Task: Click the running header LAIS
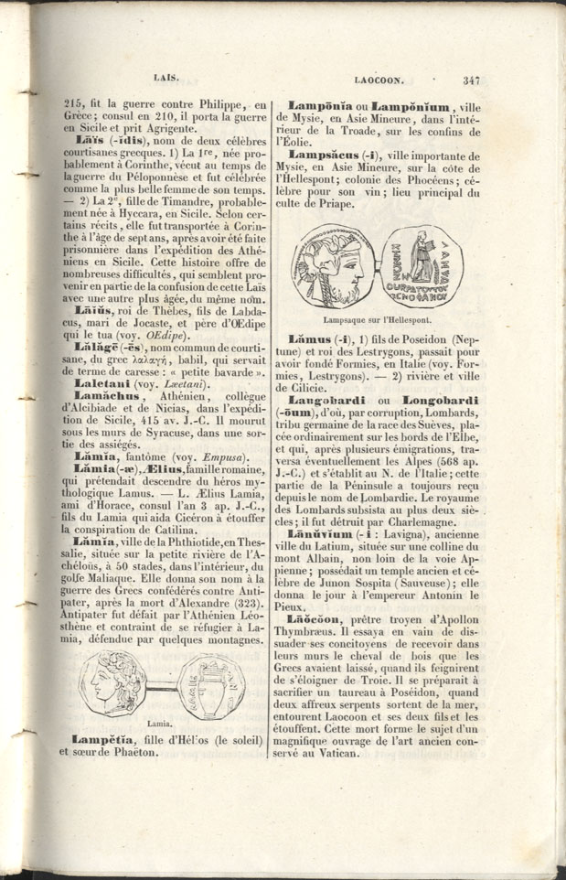pyautogui.click(x=166, y=79)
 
